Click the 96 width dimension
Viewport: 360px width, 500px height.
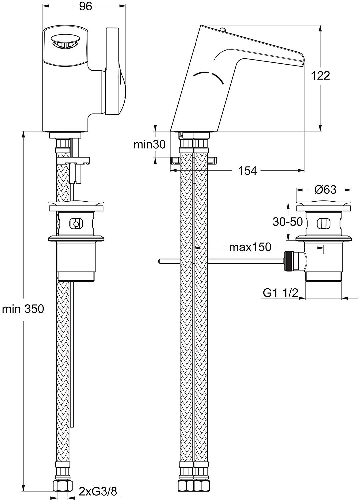86,7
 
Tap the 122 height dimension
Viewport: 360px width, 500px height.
320,76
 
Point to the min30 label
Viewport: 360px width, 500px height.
150,144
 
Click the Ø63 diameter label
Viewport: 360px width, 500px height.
325,190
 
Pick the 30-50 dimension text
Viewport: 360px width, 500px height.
288,222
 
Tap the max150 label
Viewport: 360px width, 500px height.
250,247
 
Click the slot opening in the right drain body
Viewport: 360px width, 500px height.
322,223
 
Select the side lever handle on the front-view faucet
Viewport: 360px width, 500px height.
115,72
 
